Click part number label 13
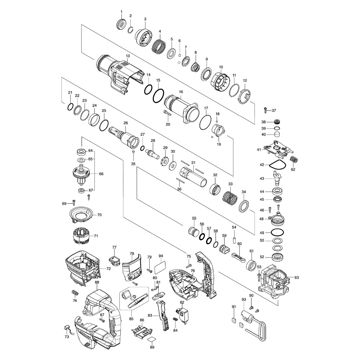click(128, 56)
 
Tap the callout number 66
click(101, 174)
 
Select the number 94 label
click(161, 256)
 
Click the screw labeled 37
click(265, 110)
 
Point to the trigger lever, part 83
click(163, 316)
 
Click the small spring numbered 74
click(75, 293)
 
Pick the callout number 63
click(297, 277)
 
